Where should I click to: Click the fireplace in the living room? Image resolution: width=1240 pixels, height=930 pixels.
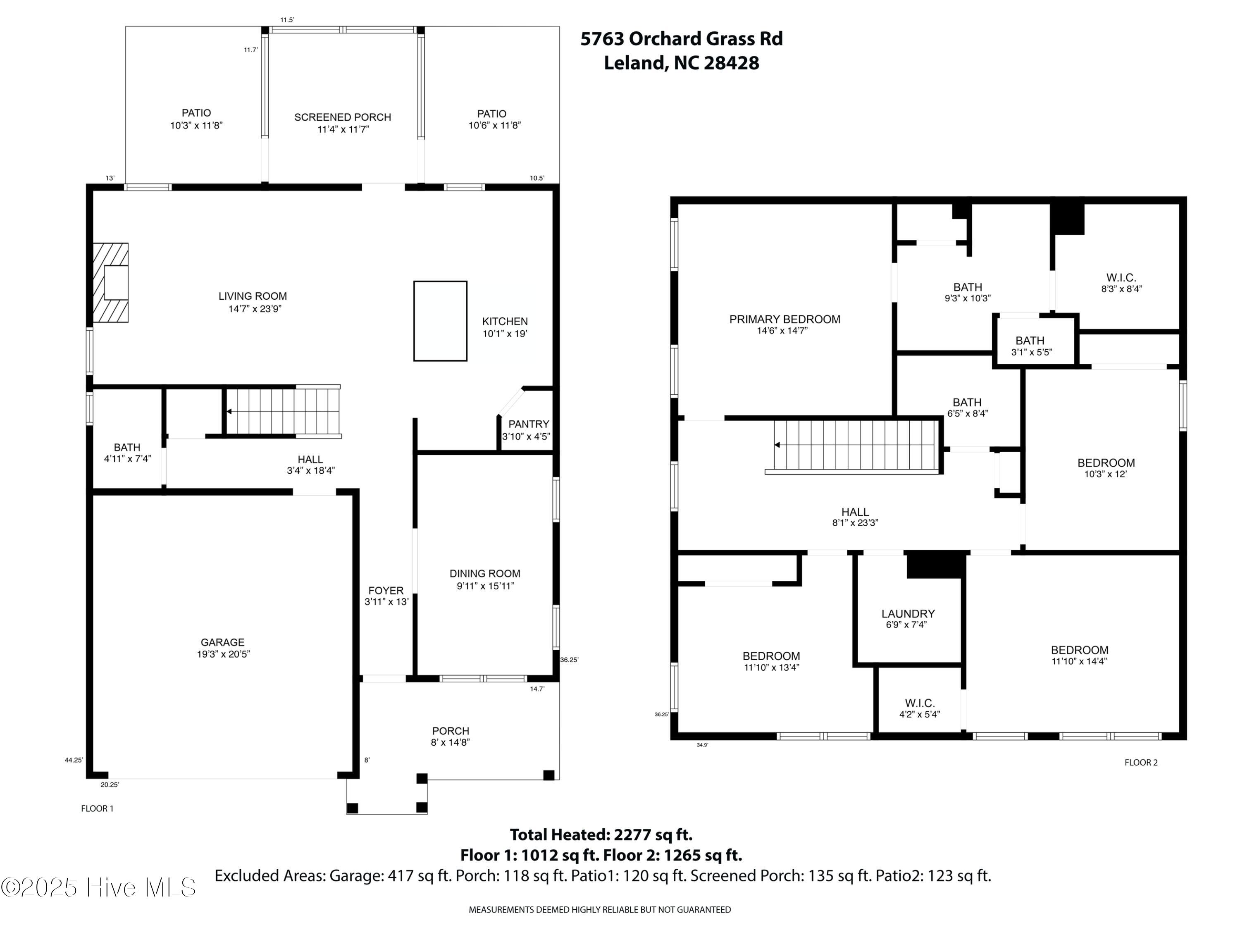[110, 283]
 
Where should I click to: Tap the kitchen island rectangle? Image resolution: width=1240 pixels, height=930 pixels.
[440, 321]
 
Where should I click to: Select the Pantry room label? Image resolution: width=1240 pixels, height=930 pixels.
[529, 424]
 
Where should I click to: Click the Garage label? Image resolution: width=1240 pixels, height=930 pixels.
[222, 642]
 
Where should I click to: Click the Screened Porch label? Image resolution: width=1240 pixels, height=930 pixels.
[343, 117]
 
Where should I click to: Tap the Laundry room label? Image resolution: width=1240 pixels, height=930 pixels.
[908, 614]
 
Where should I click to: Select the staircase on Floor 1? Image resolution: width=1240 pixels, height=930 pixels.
[283, 411]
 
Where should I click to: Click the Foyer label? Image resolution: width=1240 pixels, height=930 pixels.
[386, 590]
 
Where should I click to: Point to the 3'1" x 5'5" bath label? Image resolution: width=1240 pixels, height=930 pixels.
[1031, 346]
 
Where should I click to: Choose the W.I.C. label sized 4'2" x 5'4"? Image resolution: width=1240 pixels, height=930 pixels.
[919, 708]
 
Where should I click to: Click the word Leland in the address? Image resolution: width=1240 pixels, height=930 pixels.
[636, 63]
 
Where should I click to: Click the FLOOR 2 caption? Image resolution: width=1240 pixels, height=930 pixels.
[1141, 762]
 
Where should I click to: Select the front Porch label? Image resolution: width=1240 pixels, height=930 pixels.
[450, 731]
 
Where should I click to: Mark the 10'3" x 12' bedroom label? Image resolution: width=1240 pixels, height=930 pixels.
[1106, 468]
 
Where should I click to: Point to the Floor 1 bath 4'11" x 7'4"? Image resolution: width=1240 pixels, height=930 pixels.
[127, 453]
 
